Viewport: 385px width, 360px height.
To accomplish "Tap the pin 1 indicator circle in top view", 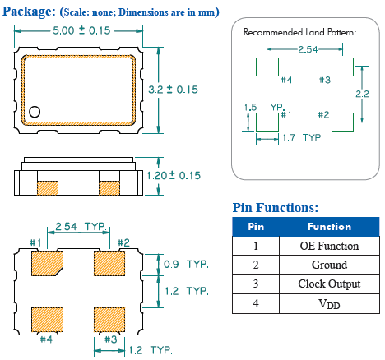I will (x=35, y=112).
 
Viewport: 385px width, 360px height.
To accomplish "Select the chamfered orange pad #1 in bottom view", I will (x=47, y=263).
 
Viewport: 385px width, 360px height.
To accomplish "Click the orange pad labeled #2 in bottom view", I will (x=109, y=263).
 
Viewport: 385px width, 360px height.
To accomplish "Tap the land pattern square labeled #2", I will (x=341, y=121).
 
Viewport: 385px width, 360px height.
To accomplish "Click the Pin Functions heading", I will (x=275, y=207).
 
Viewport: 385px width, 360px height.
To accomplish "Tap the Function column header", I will (x=329, y=227).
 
